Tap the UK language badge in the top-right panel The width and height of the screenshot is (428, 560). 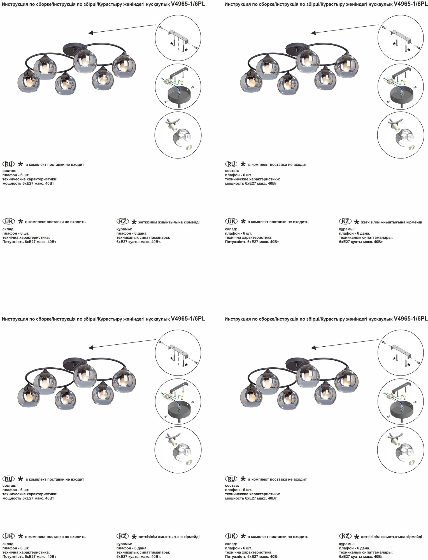click(x=231, y=221)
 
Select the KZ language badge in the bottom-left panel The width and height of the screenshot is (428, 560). click(x=123, y=536)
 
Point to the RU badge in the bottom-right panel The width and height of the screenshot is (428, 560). click(x=231, y=479)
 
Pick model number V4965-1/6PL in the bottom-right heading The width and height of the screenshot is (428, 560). click(x=411, y=319)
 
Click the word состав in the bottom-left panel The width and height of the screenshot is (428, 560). click(x=9, y=486)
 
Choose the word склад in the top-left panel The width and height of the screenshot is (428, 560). click(x=8, y=229)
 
